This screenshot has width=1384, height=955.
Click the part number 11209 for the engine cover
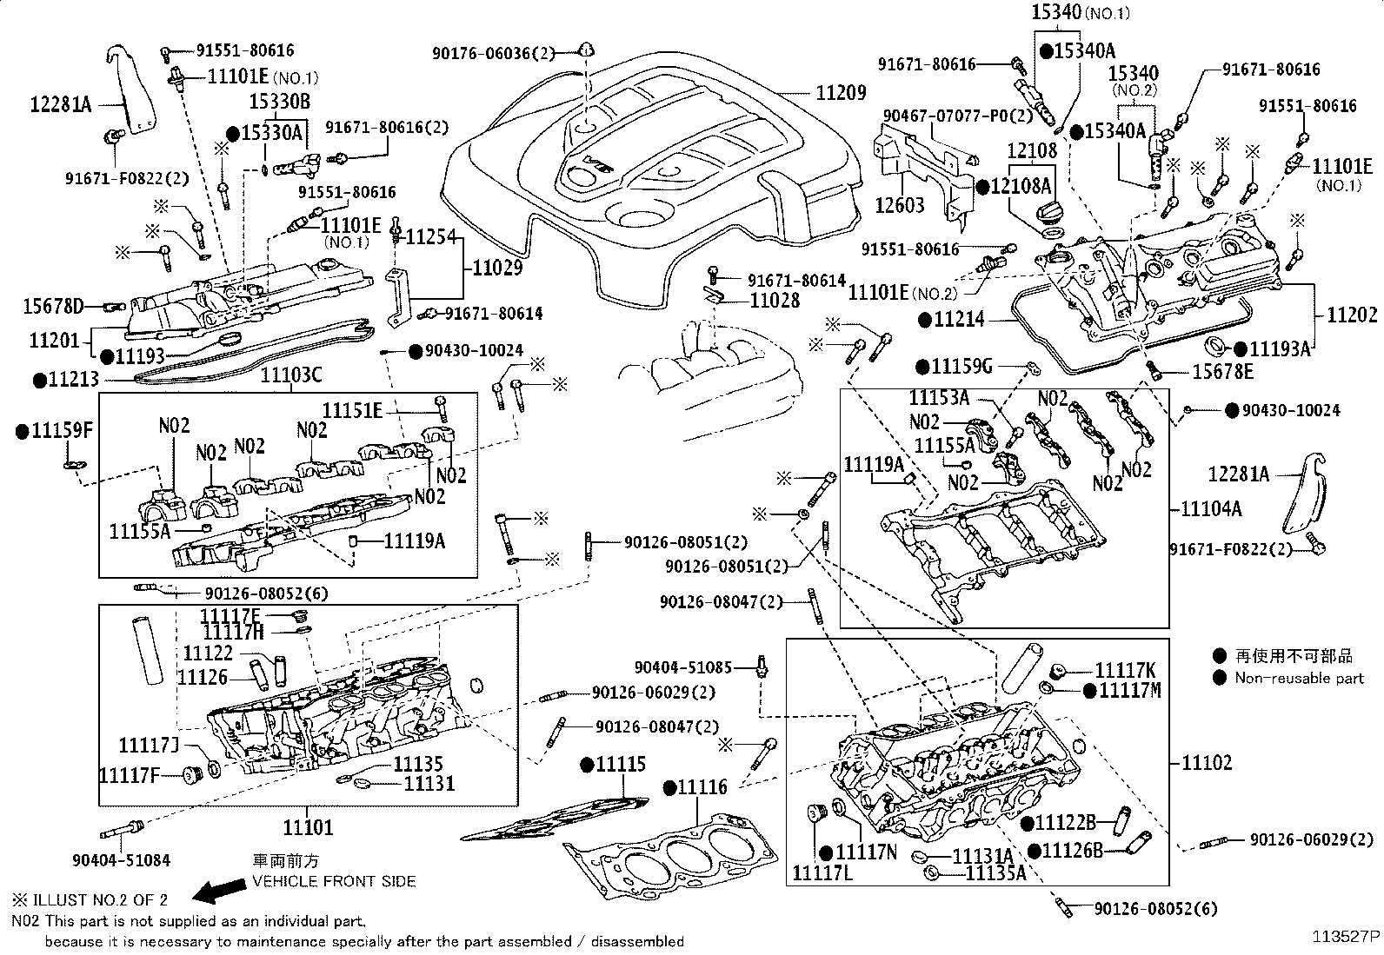(841, 91)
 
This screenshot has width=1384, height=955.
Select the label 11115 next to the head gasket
(621, 765)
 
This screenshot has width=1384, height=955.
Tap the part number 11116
(702, 787)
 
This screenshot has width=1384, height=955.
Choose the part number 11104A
(1211, 508)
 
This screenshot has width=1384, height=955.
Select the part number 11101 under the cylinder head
(308, 827)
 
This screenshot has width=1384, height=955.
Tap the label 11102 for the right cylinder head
(1207, 763)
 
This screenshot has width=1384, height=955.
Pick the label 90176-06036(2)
(493, 54)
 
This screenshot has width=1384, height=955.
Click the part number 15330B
(280, 102)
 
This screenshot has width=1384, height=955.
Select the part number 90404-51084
(121, 859)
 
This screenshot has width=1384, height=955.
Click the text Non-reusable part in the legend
(1299, 679)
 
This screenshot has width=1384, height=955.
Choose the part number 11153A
(939, 398)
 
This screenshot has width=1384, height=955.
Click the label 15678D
(54, 306)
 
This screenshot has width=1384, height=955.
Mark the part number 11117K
(1125, 670)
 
